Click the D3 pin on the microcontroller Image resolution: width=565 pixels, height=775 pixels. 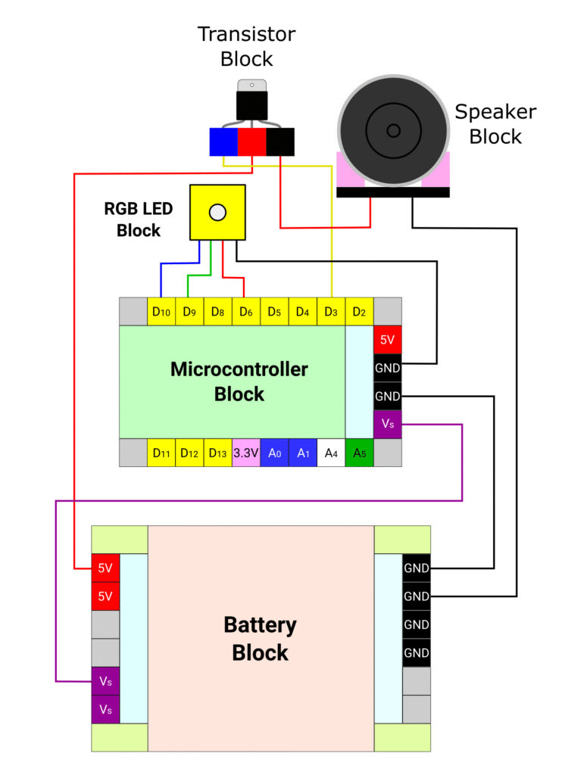[x=331, y=311]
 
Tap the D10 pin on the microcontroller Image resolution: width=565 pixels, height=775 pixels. [x=161, y=311]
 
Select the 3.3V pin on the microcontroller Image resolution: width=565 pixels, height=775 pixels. [x=246, y=453]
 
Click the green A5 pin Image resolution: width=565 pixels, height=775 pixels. [x=359, y=453]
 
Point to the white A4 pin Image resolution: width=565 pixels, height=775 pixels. [x=331, y=453]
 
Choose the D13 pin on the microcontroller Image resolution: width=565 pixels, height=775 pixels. [x=218, y=453]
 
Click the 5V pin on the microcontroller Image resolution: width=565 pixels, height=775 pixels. [x=387, y=340]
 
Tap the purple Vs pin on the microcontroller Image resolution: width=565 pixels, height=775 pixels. [x=387, y=425]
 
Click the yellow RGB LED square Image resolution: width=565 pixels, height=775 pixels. [x=217, y=213]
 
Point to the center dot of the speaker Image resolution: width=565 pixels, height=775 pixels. [x=393, y=130]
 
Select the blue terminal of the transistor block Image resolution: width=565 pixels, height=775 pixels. [x=223, y=142]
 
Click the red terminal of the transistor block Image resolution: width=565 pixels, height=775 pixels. [x=252, y=142]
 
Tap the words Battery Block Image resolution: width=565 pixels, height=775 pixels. [x=261, y=639]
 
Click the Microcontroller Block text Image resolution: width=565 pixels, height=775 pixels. [x=239, y=381]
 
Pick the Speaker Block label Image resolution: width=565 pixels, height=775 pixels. [x=495, y=124]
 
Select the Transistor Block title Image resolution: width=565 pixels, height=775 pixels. [x=246, y=46]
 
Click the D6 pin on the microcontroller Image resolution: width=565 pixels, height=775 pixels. [x=246, y=311]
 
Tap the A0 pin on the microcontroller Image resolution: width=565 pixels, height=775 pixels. [x=274, y=453]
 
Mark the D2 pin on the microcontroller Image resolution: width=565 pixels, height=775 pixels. [x=359, y=311]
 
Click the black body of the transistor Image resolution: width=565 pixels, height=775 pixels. [x=252, y=104]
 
